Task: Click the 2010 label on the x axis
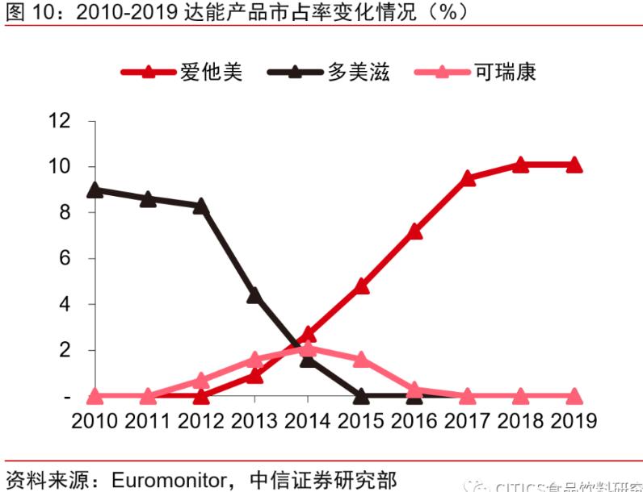[95, 421]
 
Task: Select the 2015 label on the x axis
[361, 421]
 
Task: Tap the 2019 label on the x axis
[572, 421]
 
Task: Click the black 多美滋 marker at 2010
[95, 190]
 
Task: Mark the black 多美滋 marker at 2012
[201, 206]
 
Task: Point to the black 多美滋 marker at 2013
[254, 296]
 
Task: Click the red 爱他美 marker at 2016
[414, 231]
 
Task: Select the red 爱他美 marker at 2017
[468, 177]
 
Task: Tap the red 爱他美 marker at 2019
[574, 165]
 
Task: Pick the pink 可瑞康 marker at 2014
[308, 348]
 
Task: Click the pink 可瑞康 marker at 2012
[201, 380]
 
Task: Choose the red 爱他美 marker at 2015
[361, 286]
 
